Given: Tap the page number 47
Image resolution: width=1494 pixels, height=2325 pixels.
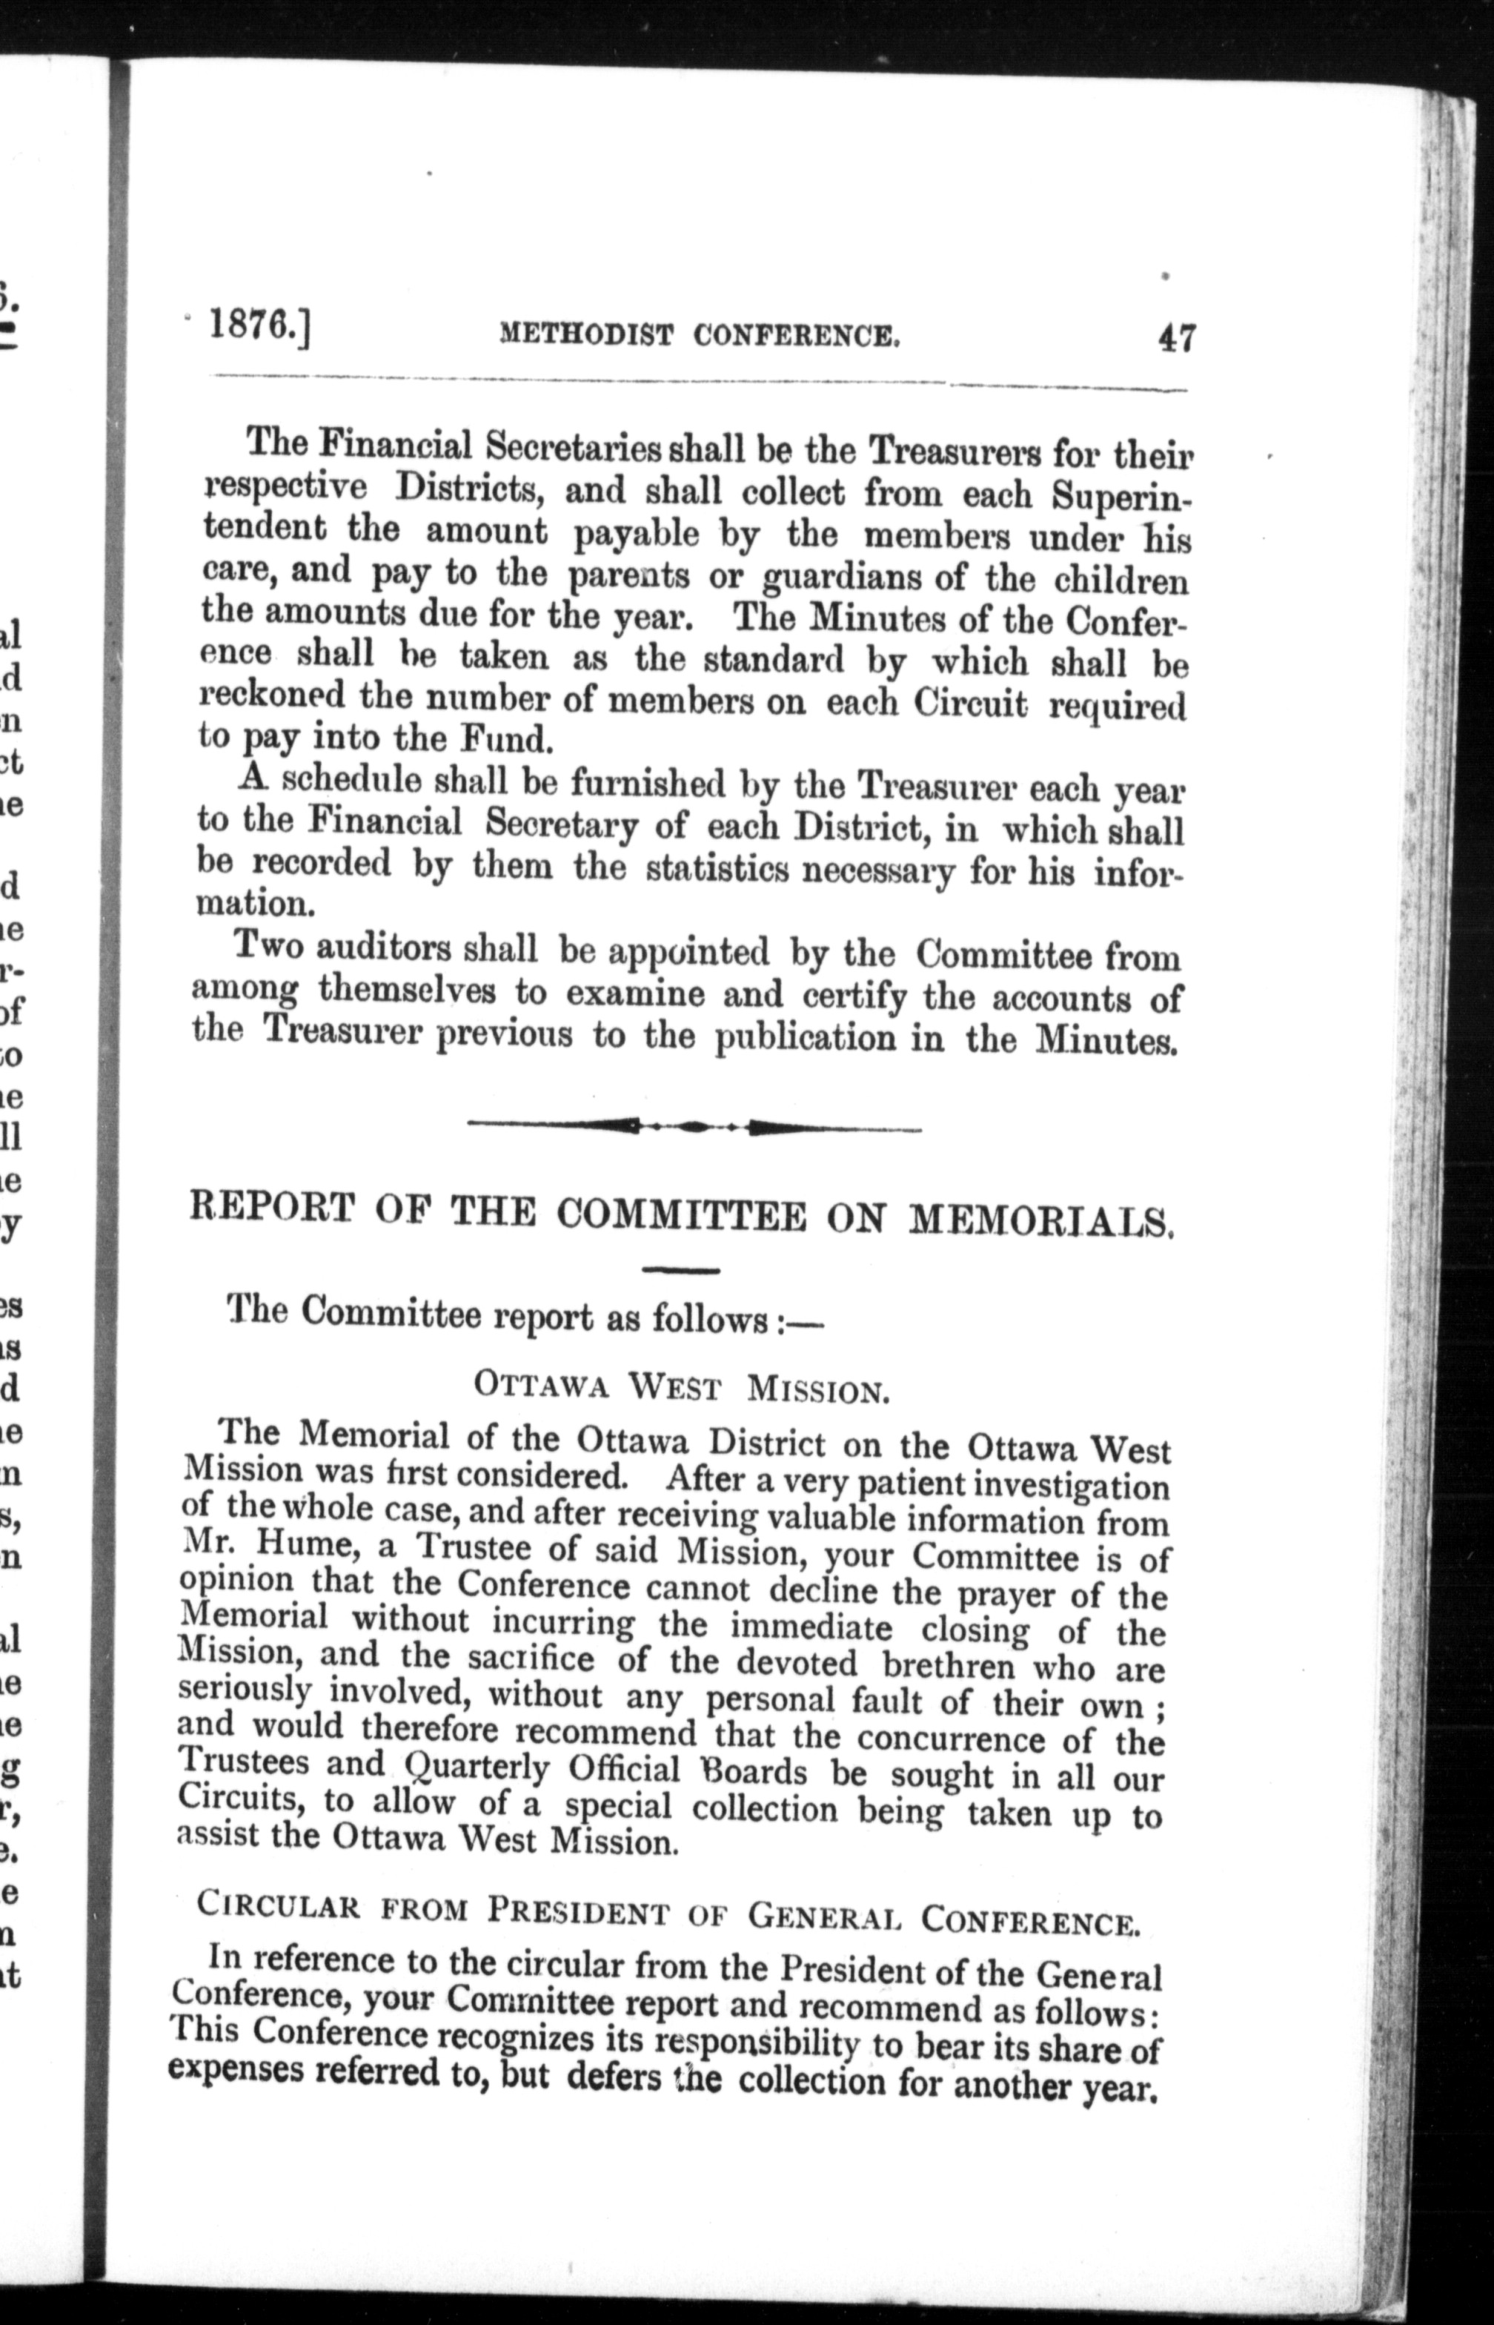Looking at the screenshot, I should point(1175,339).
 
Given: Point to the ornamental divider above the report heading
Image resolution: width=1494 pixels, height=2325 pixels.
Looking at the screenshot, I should point(694,1127).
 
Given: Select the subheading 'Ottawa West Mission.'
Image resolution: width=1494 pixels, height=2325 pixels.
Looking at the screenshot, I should point(682,1389).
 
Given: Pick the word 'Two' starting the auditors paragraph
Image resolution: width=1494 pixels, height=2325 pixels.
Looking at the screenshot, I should point(270,945).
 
